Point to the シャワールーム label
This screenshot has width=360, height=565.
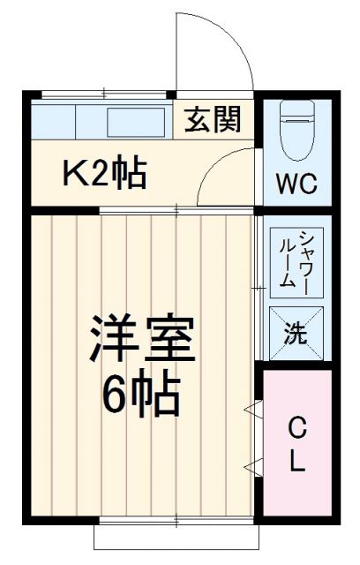click(290, 260)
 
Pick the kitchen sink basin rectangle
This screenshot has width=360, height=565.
click(136, 120)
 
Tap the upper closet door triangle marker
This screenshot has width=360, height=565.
click(253, 409)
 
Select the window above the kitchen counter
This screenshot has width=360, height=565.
click(104, 93)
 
